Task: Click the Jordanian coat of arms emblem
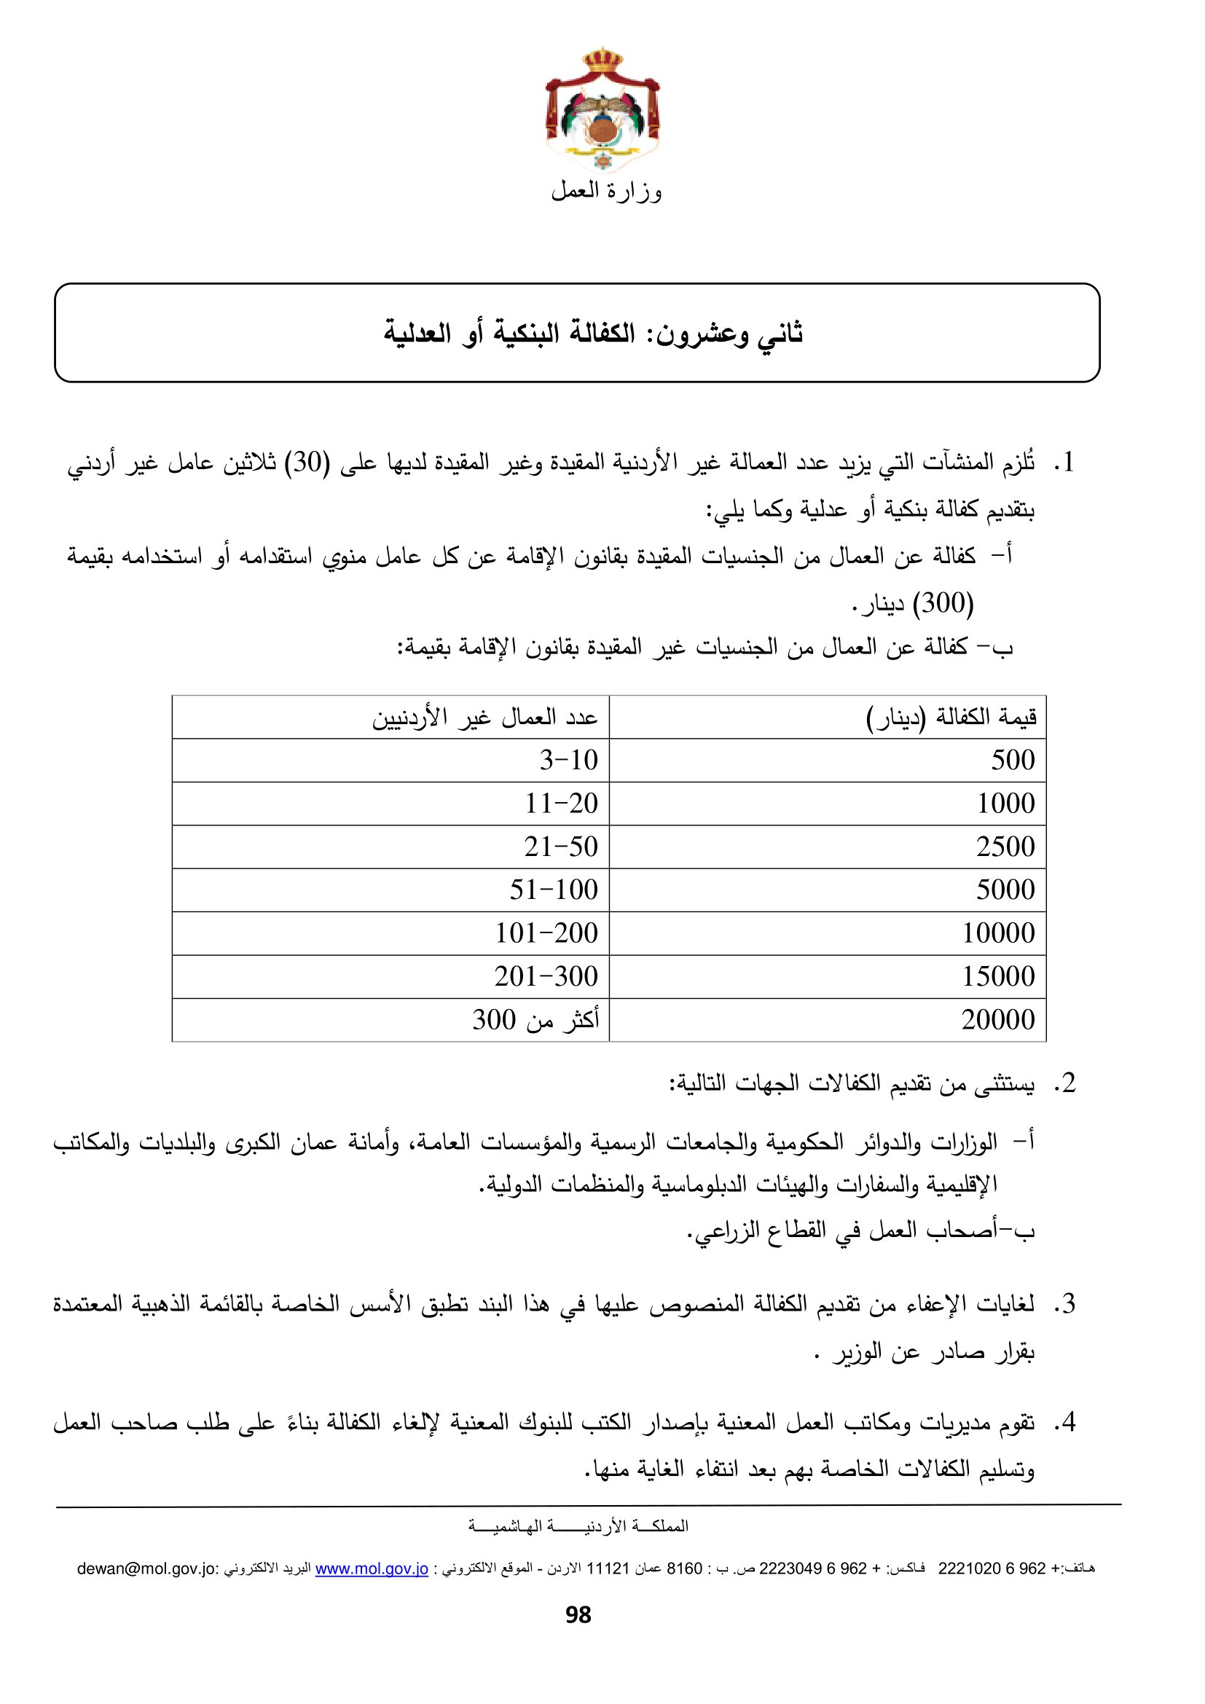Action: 602,111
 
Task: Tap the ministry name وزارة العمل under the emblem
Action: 606,192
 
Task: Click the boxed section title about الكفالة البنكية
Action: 593,333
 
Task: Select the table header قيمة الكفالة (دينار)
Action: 951,718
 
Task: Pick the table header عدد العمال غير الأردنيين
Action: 484,718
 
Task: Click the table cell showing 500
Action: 1012,760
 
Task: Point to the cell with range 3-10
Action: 568,760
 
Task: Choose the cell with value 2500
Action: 1005,847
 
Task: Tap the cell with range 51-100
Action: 554,890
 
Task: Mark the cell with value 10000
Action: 998,933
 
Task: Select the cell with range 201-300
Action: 546,976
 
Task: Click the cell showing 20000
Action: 998,1020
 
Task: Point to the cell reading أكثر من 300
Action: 535,1020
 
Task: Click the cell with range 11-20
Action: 561,803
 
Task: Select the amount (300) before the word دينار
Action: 942,602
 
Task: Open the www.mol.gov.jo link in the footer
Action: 372,1568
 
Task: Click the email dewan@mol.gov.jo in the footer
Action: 147,1568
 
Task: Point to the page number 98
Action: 578,1615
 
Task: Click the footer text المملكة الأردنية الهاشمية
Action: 578,1526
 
